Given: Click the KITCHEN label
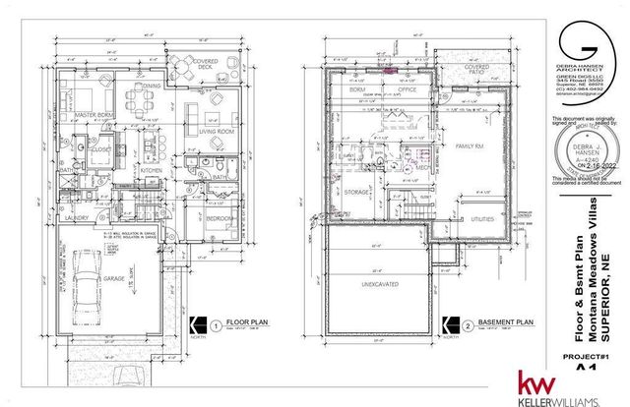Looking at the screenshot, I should [150, 170].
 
